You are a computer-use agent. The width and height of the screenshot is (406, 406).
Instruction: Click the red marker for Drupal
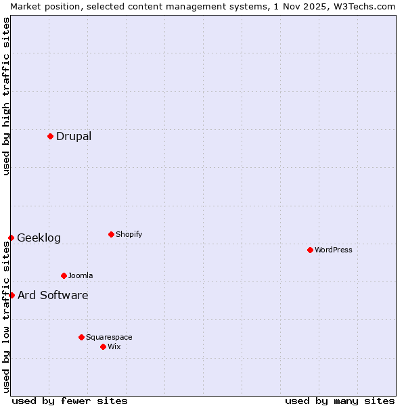point(50,136)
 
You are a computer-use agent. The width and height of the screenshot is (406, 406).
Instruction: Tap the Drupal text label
point(74,136)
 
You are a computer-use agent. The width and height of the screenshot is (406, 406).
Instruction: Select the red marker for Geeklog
point(11,238)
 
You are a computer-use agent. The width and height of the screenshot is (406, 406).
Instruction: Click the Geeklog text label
point(39,238)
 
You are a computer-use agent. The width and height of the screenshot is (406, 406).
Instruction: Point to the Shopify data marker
point(111,234)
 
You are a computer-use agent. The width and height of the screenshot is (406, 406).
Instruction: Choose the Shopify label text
point(129,234)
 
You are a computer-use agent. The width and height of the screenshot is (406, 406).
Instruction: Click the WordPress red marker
point(310,250)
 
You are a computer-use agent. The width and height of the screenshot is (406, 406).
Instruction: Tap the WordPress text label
point(334,250)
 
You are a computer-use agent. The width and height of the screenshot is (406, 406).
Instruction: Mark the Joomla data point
point(64,275)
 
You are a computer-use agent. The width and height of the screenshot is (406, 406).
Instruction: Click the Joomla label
point(81,275)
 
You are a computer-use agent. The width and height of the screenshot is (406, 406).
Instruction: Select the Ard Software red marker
point(12,295)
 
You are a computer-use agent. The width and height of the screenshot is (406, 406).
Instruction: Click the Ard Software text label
point(53,295)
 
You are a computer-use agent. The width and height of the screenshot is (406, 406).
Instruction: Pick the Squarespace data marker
point(81,337)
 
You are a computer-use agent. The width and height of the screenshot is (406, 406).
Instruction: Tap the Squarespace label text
point(109,337)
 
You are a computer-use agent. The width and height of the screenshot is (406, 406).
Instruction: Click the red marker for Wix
point(103,346)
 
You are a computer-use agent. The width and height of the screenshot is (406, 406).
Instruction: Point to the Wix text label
point(114,346)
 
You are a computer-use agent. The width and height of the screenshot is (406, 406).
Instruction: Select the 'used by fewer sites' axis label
point(70,401)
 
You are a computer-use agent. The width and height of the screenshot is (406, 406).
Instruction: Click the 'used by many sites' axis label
point(340,401)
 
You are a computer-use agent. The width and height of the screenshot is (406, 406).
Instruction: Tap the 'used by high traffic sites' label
point(6,96)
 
